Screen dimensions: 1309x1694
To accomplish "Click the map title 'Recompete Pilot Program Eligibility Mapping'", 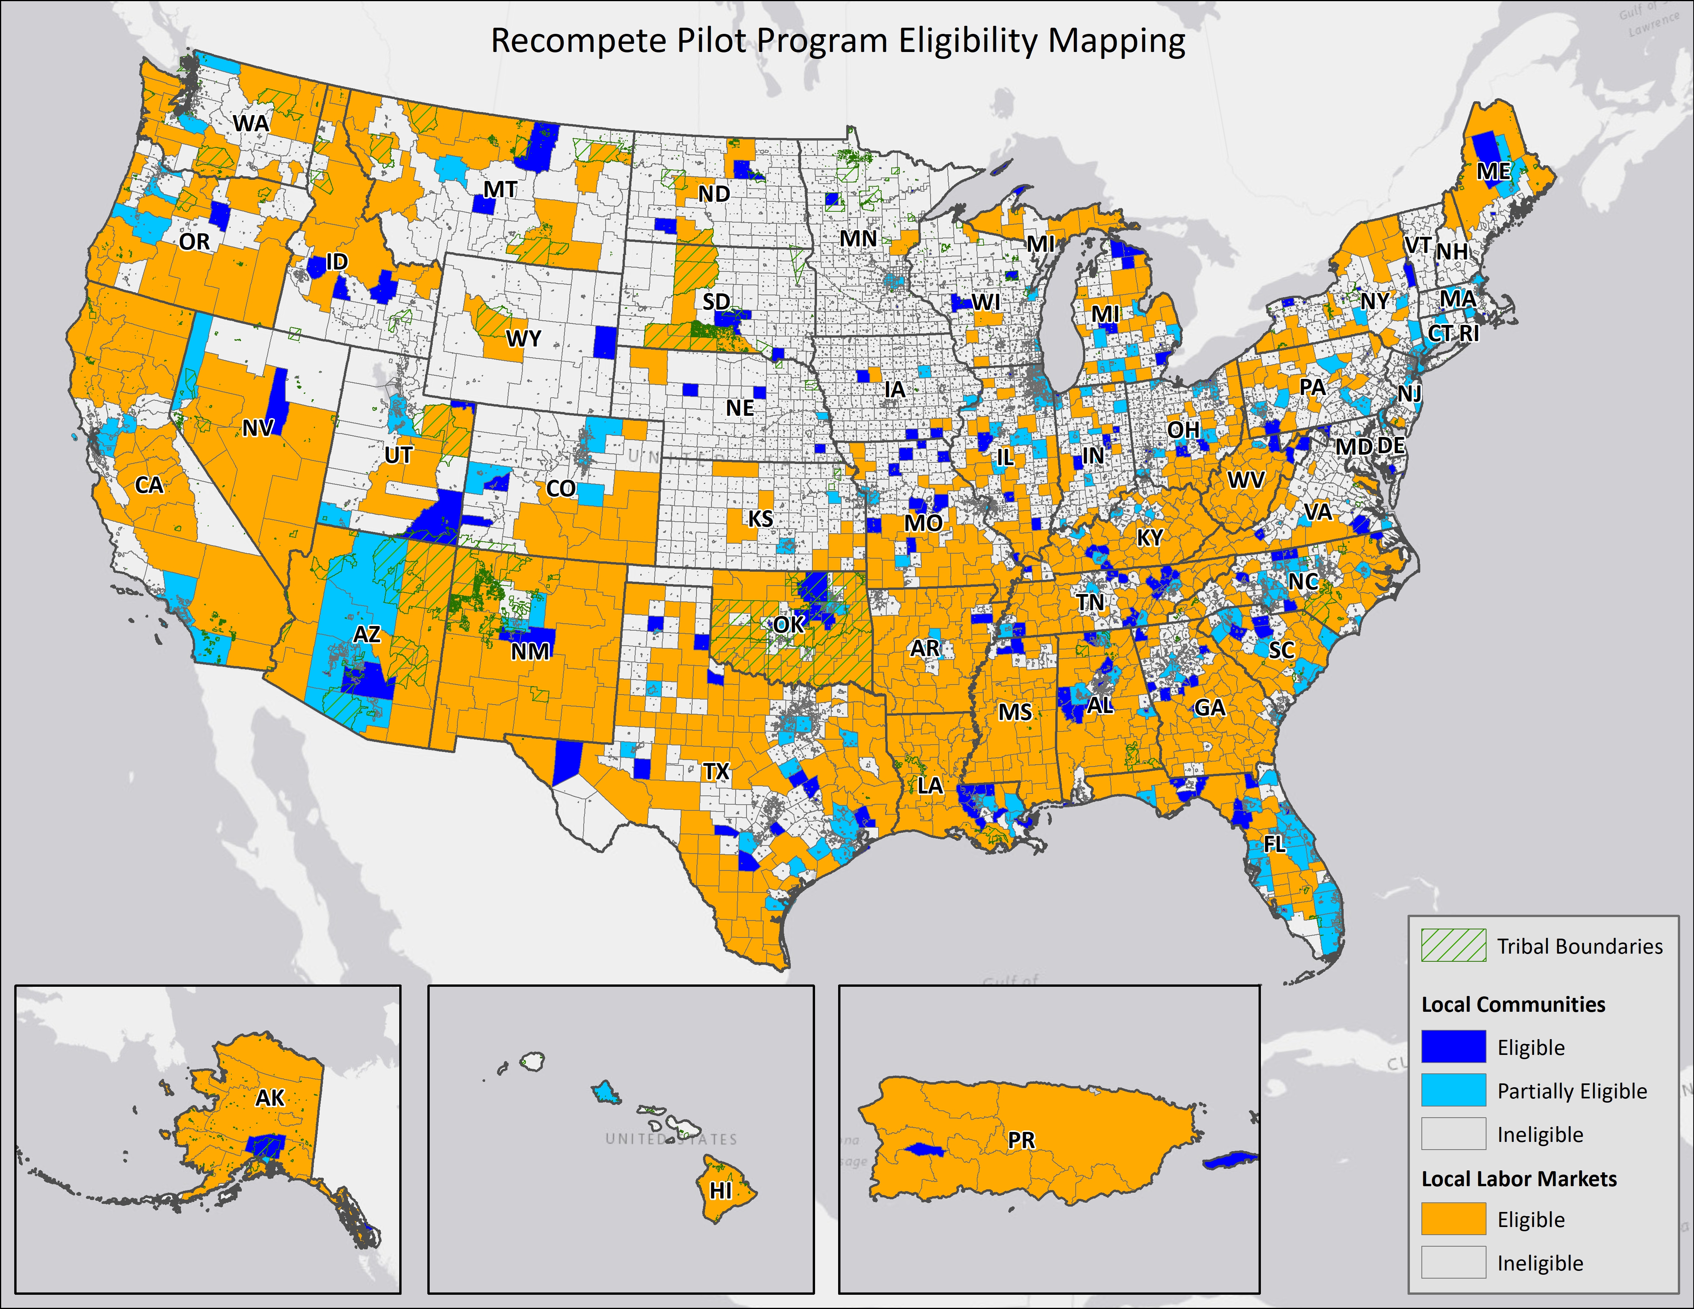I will click(838, 40).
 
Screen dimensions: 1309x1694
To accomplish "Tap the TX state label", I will click(716, 772).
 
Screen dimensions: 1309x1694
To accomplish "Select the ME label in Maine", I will click(1493, 171).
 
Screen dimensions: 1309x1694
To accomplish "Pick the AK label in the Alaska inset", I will click(270, 1098).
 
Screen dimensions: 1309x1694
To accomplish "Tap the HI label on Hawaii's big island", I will click(721, 1190).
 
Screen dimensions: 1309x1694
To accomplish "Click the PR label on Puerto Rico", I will click(1021, 1140).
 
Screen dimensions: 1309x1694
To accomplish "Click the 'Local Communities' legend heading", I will click(1513, 1004).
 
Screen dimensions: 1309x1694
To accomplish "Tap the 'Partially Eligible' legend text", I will click(1572, 1091).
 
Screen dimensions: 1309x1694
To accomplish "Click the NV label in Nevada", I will click(258, 428).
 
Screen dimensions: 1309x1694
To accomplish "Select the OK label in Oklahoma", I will click(789, 624).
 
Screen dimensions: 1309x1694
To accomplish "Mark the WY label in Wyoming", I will click(524, 339).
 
